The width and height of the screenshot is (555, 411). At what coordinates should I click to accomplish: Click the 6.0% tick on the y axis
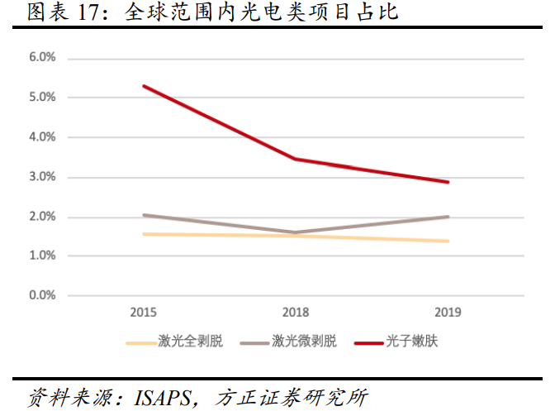pyautogui.click(x=42, y=58)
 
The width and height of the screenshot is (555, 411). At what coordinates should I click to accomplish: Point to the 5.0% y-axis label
pyautogui.click(x=42, y=98)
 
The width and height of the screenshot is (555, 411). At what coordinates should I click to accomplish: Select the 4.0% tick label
pyautogui.click(x=42, y=137)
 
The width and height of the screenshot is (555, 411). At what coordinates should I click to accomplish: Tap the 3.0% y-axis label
pyautogui.click(x=42, y=177)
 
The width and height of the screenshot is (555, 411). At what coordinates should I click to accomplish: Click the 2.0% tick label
pyautogui.click(x=42, y=217)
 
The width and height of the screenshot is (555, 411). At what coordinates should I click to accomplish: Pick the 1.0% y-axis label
pyautogui.click(x=42, y=256)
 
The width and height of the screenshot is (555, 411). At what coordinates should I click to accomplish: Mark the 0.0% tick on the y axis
pyautogui.click(x=42, y=295)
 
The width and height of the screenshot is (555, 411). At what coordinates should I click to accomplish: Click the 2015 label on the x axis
pyautogui.click(x=144, y=313)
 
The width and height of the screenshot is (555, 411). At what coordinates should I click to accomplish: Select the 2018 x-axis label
pyautogui.click(x=296, y=313)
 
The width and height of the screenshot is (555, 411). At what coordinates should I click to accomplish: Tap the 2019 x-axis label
pyautogui.click(x=448, y=313)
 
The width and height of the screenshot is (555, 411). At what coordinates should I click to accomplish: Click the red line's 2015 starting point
pyautogui.click(x=144, y=86)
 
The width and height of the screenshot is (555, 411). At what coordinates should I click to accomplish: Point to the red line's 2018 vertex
pyautogui.click(x=296, y=159)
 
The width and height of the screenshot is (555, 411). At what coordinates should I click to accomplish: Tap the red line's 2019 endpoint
pyautogui.click(x=448, y=182)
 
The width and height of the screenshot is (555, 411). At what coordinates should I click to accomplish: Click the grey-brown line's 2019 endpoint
pyautogui.click(x=448, y=217)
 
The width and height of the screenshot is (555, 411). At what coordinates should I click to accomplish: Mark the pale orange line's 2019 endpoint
pyautogui.click(x=448, y=241)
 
